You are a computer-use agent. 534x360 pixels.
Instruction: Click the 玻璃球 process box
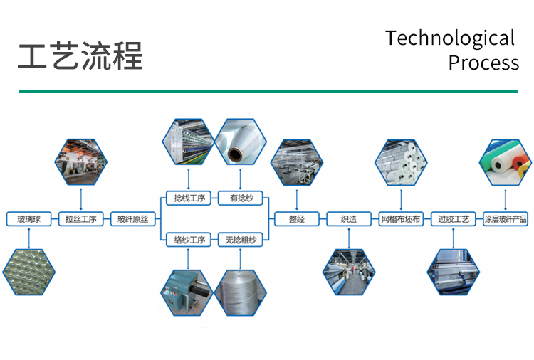coord(29,219)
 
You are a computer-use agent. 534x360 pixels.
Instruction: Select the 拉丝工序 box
coord(81,219)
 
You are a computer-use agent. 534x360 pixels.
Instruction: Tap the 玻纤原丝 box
coord(133,219)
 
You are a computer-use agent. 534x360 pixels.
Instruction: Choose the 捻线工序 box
coord(189,198)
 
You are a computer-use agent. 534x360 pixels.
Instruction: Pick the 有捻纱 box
coord(241,198)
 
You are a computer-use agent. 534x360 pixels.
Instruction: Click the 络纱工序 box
coord(189,240)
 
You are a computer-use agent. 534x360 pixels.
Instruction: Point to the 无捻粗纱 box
coord(241,240)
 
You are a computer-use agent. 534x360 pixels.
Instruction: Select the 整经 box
coord(297,219)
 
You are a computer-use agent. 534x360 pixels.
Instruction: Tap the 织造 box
coord(349,219)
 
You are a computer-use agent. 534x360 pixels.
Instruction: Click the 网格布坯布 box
coord(401,219)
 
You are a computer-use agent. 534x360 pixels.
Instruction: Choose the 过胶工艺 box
coord(454,219)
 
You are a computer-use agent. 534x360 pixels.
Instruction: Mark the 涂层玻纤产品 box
coord(506,219)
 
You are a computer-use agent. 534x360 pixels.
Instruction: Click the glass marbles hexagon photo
coord(29,272)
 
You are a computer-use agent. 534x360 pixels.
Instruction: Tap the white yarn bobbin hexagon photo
coord(241,142)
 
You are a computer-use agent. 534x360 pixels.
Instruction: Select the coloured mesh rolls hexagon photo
coord(506,162)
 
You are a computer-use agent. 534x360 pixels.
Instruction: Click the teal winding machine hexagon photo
coord(187,293)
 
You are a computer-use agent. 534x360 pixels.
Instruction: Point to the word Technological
coord(450,38)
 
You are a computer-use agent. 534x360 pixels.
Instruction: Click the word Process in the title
coord(483,63)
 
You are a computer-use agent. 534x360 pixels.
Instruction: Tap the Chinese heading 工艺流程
coord(80,56)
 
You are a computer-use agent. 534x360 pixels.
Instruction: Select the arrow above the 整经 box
coord(297,200)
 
